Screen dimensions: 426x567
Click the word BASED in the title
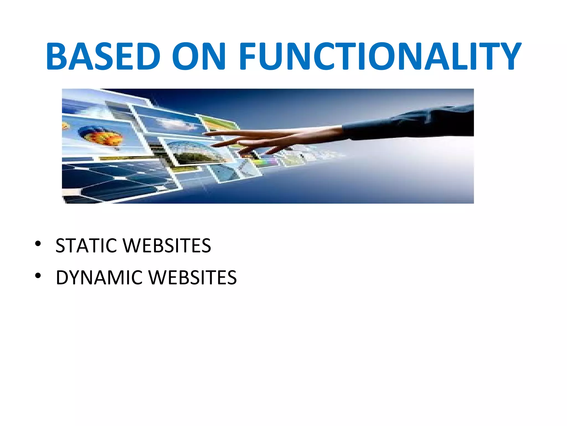103,56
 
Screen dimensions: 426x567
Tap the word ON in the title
199,56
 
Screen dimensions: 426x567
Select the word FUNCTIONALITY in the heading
380,56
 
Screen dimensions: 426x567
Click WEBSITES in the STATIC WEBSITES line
167,246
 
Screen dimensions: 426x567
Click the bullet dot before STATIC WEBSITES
38,244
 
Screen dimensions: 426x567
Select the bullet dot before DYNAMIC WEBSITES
38,276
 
